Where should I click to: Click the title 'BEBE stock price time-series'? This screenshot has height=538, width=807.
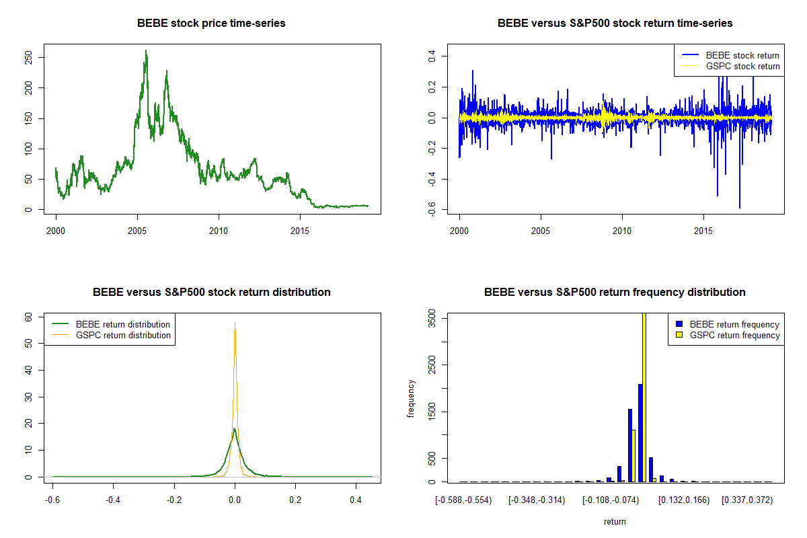(x=211, y=23)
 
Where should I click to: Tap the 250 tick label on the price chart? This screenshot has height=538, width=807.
(x=28, y=58)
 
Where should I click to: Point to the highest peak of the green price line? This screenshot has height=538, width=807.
(x=146, y=51)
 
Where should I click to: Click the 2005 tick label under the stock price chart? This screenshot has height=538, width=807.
(x=137, y=231)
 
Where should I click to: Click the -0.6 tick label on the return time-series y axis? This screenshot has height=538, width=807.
(x=432, y=209)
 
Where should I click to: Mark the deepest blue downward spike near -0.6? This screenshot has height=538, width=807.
(x=740, y=208)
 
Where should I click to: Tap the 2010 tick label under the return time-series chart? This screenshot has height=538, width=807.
(x=622, y=231)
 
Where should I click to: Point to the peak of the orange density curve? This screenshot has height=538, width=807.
(x=235, y=323)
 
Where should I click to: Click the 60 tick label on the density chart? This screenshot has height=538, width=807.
(x=28, y=317)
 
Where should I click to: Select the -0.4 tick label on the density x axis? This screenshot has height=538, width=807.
(x=113, y=500)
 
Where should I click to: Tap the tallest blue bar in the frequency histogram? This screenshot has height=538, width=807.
(x=640, y=433)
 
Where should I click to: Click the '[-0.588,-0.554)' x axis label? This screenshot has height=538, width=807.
(x=463, y=500)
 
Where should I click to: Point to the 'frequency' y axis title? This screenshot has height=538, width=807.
(x=411, y=398)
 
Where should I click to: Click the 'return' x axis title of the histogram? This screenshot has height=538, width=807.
(x=615, y=521)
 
